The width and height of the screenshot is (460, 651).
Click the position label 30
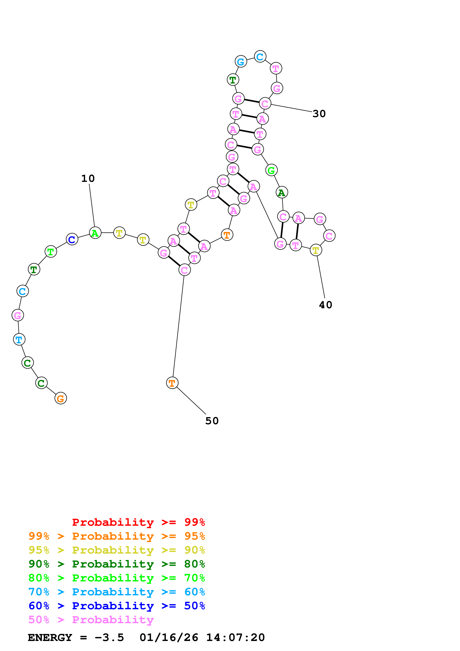(x=319, y=114)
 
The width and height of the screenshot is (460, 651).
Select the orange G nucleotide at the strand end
(x=61, y=398)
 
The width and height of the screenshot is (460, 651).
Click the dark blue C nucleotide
(x=72, y=239)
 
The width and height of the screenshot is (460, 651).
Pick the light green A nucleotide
(x=95, y=233)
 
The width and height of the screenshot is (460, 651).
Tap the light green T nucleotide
(x=51, y=251)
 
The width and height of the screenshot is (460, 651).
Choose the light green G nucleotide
(x=271, y=170)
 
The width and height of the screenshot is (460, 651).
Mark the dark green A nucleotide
(x=282, y=192)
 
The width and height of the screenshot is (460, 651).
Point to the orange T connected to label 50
(x=172, y=383)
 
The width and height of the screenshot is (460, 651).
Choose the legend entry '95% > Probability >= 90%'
(x=117, y=550)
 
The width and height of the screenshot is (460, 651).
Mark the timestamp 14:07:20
(x=235, y=637)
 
